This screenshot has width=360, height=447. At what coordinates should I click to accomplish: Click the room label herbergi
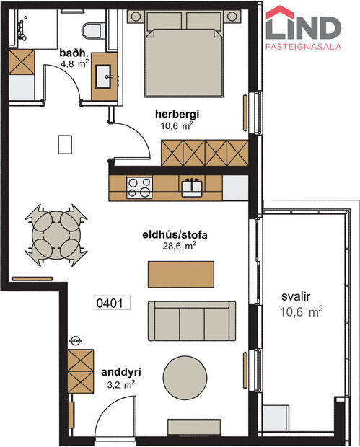coord(176,114)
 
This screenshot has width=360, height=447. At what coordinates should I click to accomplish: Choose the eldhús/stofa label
coord(180,234)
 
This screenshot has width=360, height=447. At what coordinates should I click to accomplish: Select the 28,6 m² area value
coord(180,245)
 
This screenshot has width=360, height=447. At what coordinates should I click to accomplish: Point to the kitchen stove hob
coord(139,187)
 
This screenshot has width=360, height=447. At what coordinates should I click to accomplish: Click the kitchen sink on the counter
coord(191,186)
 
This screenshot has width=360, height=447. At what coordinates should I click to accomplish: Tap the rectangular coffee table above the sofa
coord(181,273)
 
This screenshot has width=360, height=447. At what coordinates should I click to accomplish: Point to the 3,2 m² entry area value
coord(120,384)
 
